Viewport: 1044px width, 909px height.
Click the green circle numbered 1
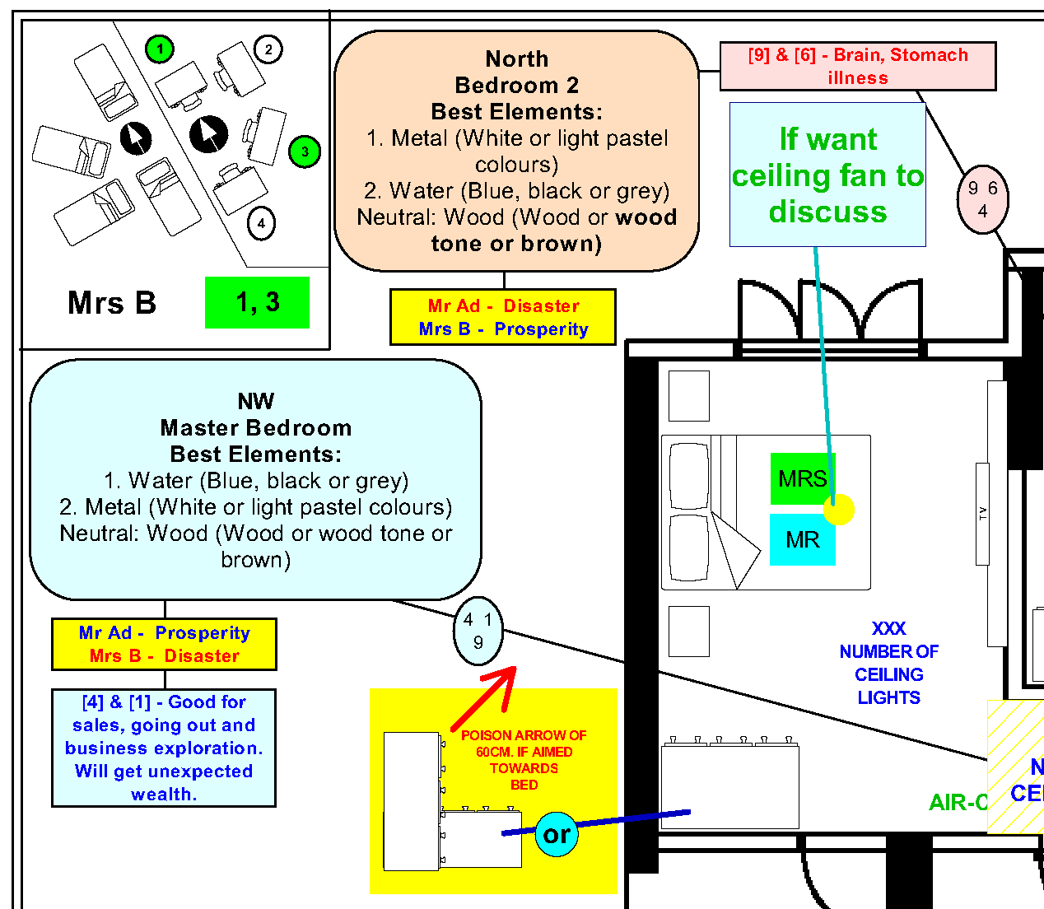click(x=160, y=49)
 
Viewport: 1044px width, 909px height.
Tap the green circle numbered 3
click(x=305, y=151)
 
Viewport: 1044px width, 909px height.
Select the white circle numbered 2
click(x=268, y=49)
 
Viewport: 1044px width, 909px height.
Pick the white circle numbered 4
click(x=261, y=223)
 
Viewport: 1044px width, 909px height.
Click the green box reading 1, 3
click(x=257, y=302)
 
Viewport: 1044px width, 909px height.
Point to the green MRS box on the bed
click(x=802, y=478)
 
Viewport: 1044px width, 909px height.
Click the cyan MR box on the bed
click(x=802, y=540)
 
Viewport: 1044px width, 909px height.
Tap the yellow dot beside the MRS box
click(x=839, y=510)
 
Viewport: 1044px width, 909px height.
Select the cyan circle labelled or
click(x=557, y=834)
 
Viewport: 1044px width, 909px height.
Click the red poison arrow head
click(x=502, y=678)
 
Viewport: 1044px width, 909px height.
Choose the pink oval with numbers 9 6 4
click(x=982, y=199)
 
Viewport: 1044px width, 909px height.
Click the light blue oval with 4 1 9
click(x=478, y=631)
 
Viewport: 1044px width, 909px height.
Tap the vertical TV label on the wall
click(x=982, y=514)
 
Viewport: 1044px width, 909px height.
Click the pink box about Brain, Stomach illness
click(x=857, y=66)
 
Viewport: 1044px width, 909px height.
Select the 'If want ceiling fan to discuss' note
click(x=827, y=175)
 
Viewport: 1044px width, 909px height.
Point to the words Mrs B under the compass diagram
click(x=112, y=303)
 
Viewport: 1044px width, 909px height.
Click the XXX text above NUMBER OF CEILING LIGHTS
click(x=888, y=629)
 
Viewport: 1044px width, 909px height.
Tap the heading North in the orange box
click(x=516, y=59)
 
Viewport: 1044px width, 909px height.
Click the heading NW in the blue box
click(x=255, y=401)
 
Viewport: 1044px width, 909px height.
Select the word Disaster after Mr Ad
click(x=541, y=305)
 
